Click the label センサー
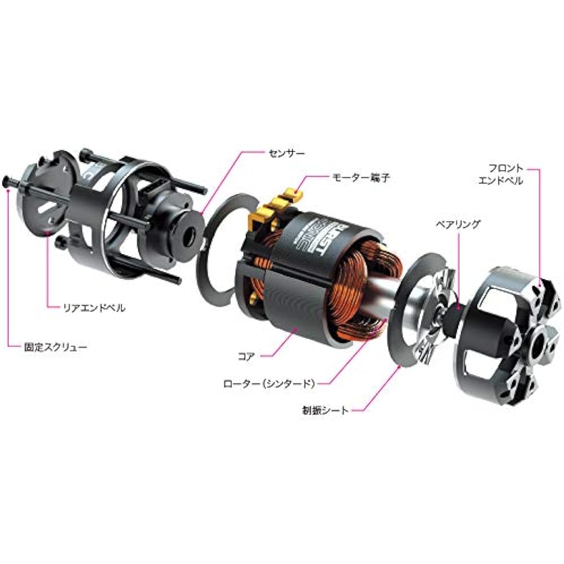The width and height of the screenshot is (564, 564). [x=287, y=152]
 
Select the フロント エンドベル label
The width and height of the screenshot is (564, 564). [x=500, y=174]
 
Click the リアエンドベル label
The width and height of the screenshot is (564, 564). [x=94, y=308]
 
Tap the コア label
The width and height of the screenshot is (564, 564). [x=246, y=356]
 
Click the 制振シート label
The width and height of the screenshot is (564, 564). [x=325, y=410]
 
